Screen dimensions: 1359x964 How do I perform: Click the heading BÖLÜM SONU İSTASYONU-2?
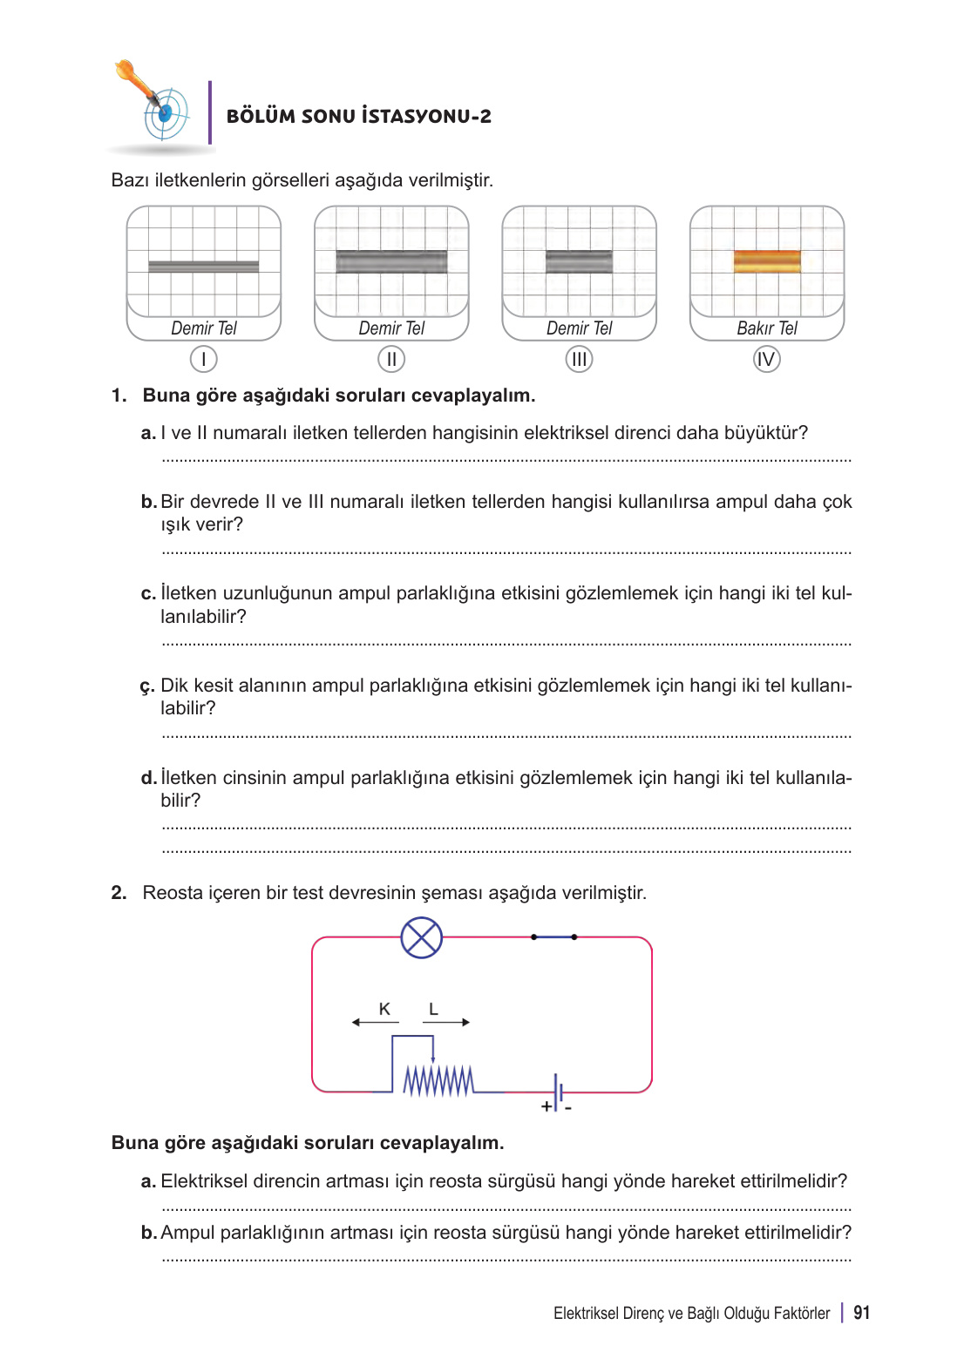click(x=358, y=116)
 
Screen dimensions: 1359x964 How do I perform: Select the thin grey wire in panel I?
click(x=203, y=267)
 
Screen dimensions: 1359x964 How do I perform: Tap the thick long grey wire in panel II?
click(x=391, y=261)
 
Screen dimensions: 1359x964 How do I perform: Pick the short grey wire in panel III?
click(x=579, y=261)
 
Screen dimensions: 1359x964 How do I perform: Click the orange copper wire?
click(x=767, y=261)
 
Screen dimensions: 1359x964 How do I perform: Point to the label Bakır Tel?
click(x=767, y=328)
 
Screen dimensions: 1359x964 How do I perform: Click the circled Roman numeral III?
click(x=579, y=359)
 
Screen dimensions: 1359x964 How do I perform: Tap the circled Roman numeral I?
click(x=203, y=359)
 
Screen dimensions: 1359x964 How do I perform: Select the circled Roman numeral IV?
click(x=767, y=359)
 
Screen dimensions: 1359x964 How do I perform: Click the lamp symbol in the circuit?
click(x=422, y=937)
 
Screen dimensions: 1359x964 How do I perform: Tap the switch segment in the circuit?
click(x=553, y=936)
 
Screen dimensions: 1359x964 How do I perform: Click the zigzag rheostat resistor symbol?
click(x=438, y=1080)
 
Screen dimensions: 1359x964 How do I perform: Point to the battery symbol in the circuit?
click(x=558, y=1092)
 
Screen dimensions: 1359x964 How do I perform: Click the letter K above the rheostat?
click(x=384, y=1009)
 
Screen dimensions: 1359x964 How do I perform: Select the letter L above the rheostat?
click(x=433, y=1009)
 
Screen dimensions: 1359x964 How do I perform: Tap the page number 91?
click(x=861, y=1313)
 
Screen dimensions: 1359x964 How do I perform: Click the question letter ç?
click(x=147, y=686)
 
